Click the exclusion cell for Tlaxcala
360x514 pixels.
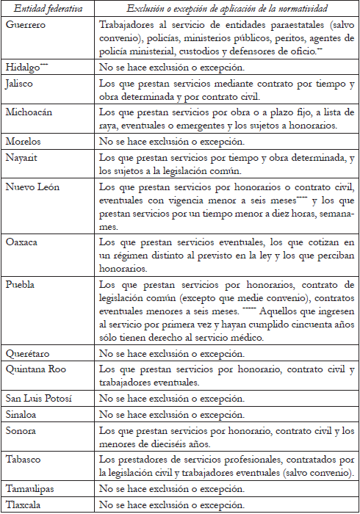tap(170, 504)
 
